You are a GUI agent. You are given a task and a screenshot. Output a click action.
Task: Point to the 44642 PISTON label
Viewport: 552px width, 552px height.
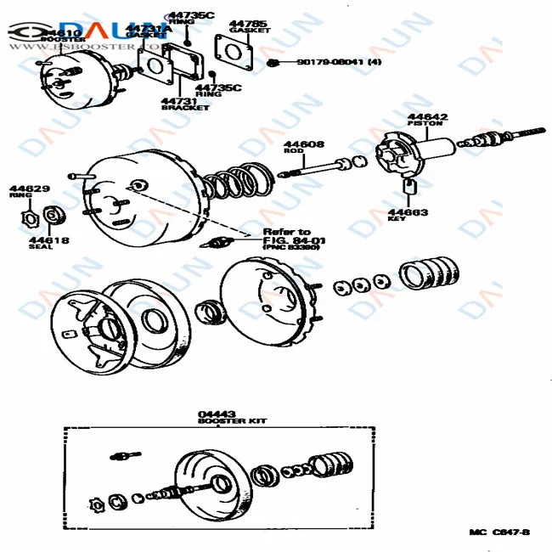427,119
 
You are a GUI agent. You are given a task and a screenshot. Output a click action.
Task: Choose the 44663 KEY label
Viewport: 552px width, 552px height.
408,214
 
